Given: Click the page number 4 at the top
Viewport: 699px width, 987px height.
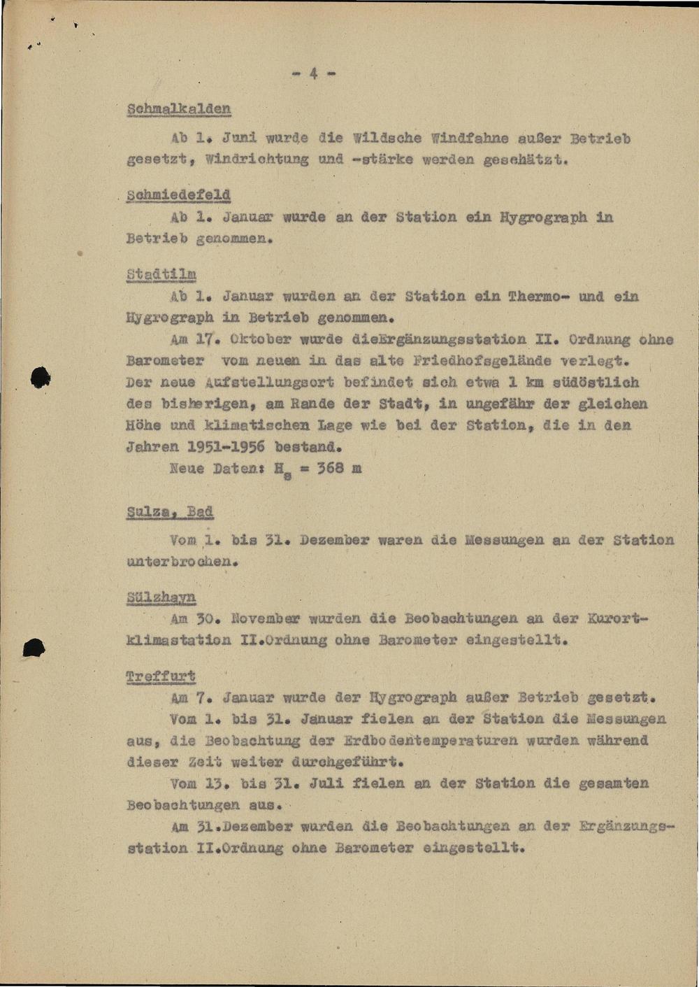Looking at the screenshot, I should (x=313, y=73).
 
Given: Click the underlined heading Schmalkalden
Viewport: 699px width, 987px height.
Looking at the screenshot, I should (x=179, y=109).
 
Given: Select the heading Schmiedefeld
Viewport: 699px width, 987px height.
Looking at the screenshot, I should (x=179, y=194).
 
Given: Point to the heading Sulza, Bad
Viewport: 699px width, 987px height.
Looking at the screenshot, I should (x=170, y=511).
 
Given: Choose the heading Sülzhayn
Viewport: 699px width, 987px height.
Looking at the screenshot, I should (x=161, y=597).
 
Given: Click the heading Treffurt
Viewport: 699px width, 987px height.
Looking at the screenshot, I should (x=161, y=676).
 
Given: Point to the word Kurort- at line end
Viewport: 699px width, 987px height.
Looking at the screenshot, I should (x=618, y=619).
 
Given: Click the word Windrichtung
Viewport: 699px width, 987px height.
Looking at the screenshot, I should (x=257, y=159).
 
